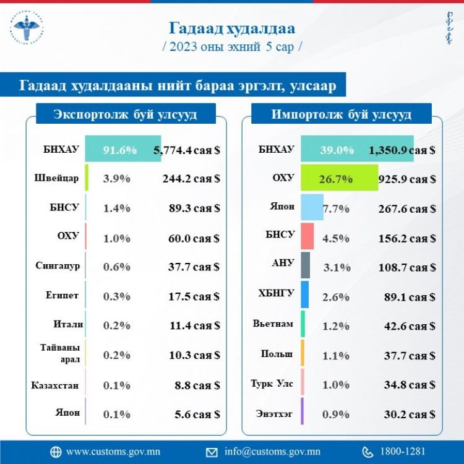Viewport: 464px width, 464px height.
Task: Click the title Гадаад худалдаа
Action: point(232,28)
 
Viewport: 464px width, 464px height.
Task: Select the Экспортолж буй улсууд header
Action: point(126,114)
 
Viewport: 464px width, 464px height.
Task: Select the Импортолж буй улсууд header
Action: point(342,114)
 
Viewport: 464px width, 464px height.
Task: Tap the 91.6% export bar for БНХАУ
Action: point(122,149)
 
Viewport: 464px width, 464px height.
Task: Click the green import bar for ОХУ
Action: point(339,179)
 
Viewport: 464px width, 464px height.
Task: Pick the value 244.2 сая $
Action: point(187,179)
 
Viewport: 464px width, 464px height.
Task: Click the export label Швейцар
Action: point(56,178)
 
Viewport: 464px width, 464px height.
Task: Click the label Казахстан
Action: point(55,385)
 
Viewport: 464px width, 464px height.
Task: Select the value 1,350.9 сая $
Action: point(402,149)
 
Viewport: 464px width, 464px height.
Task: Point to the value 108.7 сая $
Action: point(406,267)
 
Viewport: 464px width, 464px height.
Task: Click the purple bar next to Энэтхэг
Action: point(302,411)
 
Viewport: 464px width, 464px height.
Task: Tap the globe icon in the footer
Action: point(56,452)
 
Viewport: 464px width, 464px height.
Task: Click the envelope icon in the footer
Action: point(212,452)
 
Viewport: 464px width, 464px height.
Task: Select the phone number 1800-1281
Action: point(403,452)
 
